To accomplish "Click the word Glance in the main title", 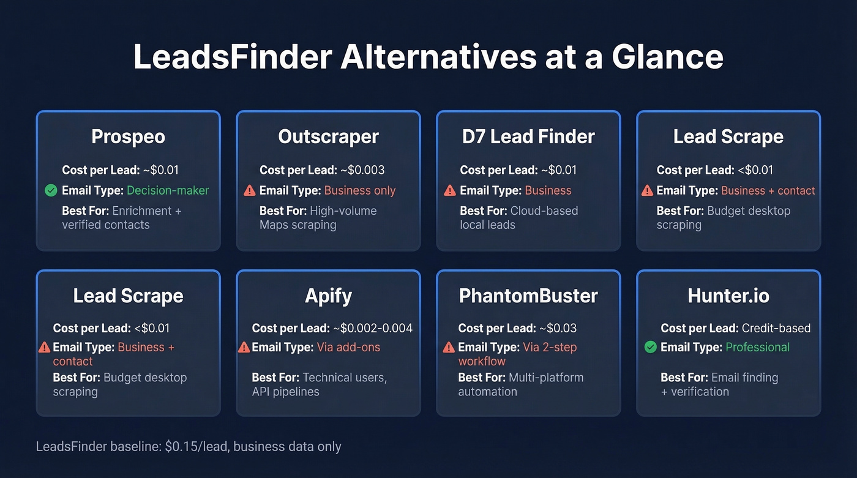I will pos(667,57).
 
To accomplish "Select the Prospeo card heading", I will pos(128,136).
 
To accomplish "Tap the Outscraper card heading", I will pos(328,136).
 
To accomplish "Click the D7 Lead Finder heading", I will pos(528,136).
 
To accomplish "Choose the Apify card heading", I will pos(328,296).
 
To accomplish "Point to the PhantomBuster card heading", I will pos(528,296).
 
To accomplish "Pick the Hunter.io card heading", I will pos(728,296).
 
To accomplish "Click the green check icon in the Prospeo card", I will pos(51,190).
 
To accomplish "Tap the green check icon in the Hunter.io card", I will pos(651,347).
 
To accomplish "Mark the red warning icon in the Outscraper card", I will pos(249,190).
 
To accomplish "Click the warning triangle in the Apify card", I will pos(244,347).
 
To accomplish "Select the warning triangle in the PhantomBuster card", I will pos(449,347).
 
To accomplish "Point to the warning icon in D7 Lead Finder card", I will pos(450,190).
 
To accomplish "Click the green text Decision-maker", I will pos(168,190).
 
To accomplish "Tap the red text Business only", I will pos(360,190).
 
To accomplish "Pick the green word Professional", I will pos(757,347).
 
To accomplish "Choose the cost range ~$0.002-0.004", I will pos(373,328).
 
